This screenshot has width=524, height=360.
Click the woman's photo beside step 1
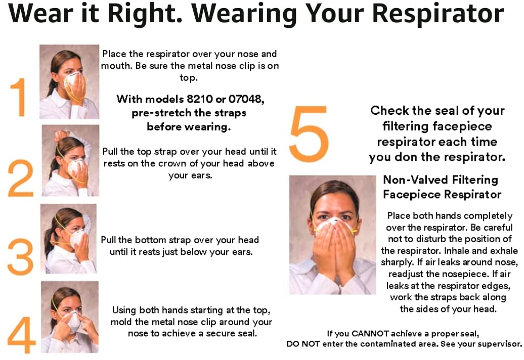pyautogui.click(x=69, y=81)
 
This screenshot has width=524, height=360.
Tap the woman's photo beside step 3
pyautogui.click(x=68, y=239)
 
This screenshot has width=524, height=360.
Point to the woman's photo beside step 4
pyautogui.click(x=69, y=317)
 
